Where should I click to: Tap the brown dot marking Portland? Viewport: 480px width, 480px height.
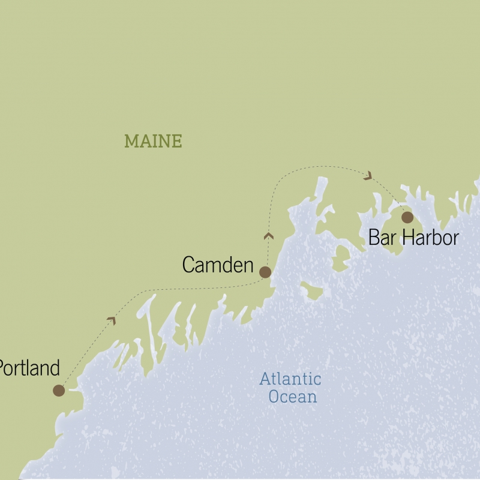[x=58, y=391]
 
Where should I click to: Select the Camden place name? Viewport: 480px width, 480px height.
[x=218, y=265]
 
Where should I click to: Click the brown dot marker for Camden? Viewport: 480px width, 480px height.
[x=265, y=272]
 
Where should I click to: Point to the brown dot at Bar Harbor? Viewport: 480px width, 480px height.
[x=407, y=217]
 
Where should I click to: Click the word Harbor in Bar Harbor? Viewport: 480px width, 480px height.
[x=430, y=238]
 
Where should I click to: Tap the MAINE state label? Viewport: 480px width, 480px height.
[x=153, y=142]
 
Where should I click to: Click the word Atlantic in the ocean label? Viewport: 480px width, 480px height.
[x=290, y=379]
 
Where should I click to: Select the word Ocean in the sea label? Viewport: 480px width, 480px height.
[x=293, y=397]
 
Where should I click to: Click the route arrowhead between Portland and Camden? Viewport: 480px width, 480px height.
[x=111, y=320]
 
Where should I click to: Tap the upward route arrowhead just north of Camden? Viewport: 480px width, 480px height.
[x=269, y=236]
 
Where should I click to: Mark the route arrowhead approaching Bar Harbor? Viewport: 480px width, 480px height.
[x=368, y=175]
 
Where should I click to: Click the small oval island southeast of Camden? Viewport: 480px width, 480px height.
[x=311, y=292]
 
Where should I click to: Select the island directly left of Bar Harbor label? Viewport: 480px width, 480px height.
[x=341, y=257]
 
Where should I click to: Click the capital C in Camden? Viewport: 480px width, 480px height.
[x=189, y=265]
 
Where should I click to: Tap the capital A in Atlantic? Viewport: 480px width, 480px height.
[x=265, y=379]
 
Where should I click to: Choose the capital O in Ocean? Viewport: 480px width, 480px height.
[x=275, y=397]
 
